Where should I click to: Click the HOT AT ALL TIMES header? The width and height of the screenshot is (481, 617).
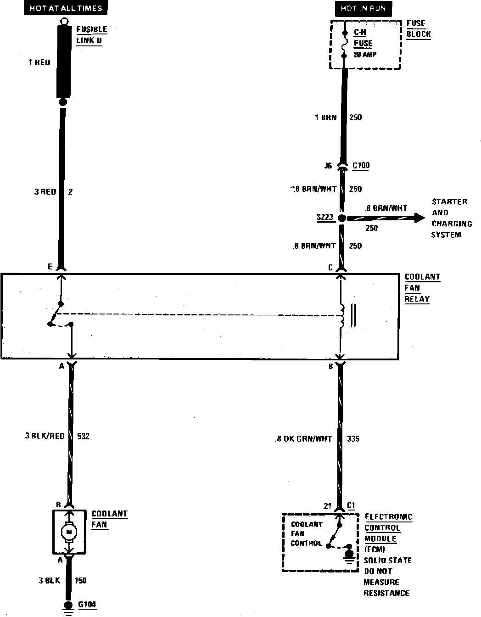coord(66,8)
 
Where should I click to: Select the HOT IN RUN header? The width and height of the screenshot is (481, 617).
coord(363,8)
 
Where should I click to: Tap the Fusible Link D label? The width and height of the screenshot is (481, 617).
coord(91,35)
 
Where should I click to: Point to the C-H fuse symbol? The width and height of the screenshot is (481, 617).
coord(344,44)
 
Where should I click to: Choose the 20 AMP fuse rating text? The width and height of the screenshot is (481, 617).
coord(365,55)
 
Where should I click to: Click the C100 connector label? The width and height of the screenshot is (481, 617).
coord(361,165)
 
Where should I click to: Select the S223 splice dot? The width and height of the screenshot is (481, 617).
coord(341,218)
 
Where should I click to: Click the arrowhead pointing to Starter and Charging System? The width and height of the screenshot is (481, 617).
coord(419,218)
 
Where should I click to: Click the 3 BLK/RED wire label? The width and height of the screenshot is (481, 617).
coord(45,436)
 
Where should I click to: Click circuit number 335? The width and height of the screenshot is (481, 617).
coord(353,439)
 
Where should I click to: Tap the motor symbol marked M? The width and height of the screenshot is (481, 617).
coord(69,532)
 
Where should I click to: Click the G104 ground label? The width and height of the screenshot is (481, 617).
coord(87,605)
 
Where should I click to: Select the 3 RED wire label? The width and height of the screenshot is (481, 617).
coord(45,192)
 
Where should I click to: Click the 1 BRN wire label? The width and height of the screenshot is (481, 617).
coord(325,118)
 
